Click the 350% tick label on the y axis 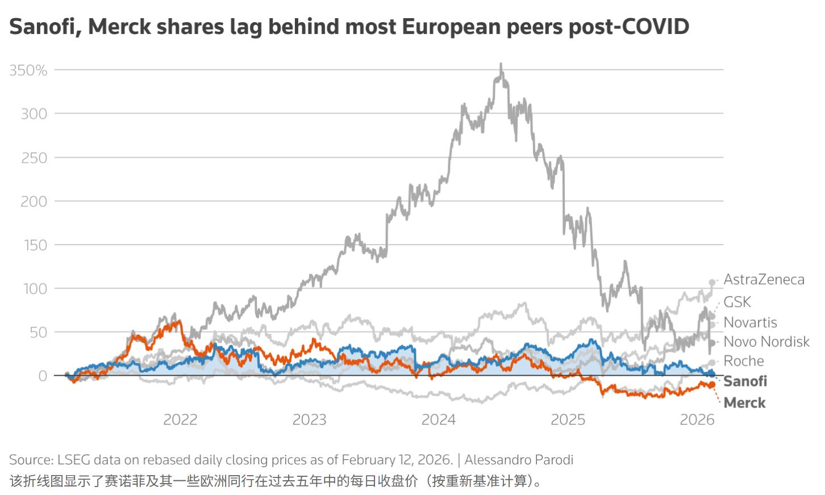[28, 70]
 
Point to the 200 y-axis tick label [34, 202]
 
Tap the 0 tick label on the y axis [43, 376]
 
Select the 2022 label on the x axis [180, 420]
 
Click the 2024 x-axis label [438, 420]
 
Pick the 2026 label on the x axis [697, 420]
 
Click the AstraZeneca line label [764, 279]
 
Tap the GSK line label [737, 302]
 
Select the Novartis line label [750, 322]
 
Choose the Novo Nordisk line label [766, 342]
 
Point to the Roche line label [743, 361]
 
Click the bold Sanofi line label [745, 381]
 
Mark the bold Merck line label [744, 402]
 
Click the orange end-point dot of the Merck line [711, 385]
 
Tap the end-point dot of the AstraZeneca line [712, 282]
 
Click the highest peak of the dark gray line [501, 64]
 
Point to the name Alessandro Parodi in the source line [519, 460]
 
